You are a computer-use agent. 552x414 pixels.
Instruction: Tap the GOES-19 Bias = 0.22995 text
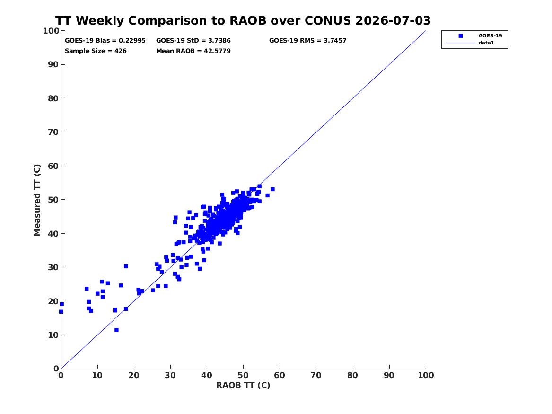pyautogui.click(x=105, y=41)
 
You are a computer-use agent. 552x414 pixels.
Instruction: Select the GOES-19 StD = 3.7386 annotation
pyautogui.click(x=193, y=41)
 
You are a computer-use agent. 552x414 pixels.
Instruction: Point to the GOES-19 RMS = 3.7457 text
pyautogui.click(x=307, y=41)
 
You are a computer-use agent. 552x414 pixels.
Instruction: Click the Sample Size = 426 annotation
pyautogui.click(x=96, y=51)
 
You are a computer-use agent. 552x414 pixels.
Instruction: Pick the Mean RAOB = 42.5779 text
pyautogui.click(x=193, y=51)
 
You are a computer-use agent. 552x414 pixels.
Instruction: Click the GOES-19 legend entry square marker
pyautogui.click(x=460, y=35)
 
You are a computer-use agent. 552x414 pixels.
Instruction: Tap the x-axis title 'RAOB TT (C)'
pyautogui.click(x=243, y=385)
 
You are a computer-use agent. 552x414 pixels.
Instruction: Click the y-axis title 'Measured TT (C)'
pyautogui.click(x=37, y=200)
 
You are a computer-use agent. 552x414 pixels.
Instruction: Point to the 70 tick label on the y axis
pyautogui.click(x=53, y=132)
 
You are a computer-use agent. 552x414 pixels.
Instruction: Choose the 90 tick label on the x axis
pyautogui.click(x=389, y=375)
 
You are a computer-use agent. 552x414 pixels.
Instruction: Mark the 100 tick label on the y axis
pyautogui.click(x=51, y=31)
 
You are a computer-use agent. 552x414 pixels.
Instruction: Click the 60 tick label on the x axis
pyautogui.click(x=280, y=375)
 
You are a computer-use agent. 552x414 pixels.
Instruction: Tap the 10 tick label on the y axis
pyautogui.click(x=53, y=335)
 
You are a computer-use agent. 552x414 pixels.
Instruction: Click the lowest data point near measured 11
pyautogui.click(x=116, y=330)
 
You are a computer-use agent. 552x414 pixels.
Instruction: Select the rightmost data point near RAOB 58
pyautogui.click(x=272, y=189)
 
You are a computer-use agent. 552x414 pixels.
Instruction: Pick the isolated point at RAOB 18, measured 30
pyautogui.click(x=126, y=266)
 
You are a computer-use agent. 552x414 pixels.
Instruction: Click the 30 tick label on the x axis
pyautogui.click(x=170, y=375)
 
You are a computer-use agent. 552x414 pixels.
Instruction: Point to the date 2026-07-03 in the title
pyautogui.click(x=393, y=20)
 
